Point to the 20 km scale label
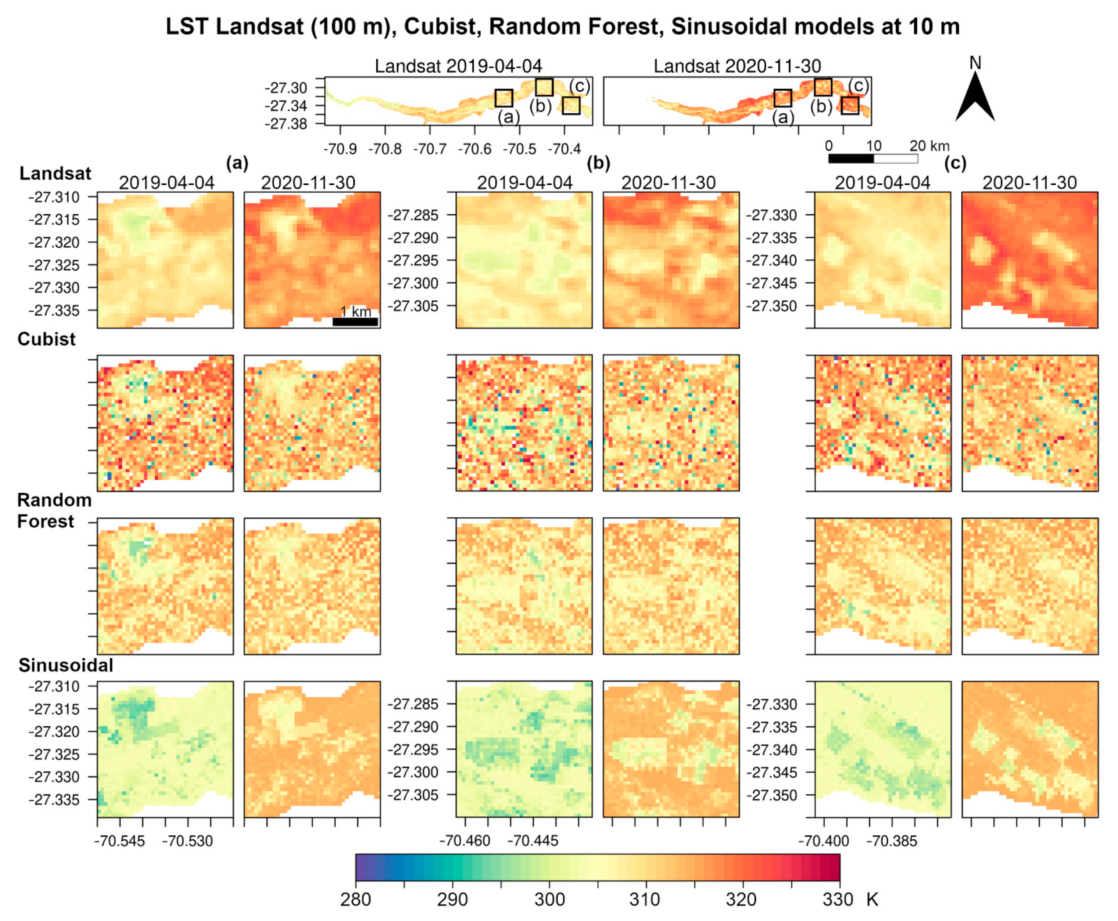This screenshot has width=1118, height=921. pos(929,146)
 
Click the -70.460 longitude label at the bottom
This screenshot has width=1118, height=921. pos(465,841)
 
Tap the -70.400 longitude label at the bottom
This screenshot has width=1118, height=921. pos(823,841)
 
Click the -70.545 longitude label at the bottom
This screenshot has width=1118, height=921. pos(119,841)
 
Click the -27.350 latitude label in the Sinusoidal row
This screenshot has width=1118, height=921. pos(772,795)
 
